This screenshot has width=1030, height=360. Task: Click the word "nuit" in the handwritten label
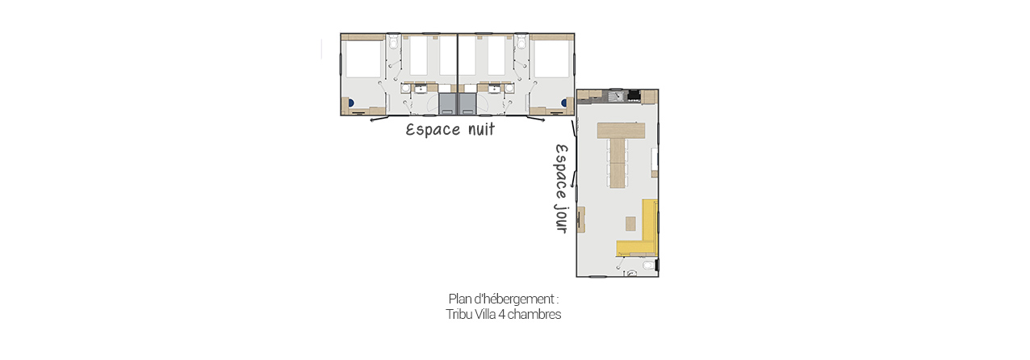pos(481,129)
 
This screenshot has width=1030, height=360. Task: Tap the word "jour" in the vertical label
pos(561,216)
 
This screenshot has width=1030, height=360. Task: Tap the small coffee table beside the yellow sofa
pos(630,224)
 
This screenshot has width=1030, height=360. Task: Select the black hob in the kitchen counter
pos(634,95)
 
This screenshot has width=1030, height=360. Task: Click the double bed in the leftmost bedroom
pos(363,58)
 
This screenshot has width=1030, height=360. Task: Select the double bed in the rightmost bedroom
pos(552,58)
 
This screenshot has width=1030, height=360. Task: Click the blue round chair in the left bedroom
pos(351,103)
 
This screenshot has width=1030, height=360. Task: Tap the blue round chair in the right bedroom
pos(564,103)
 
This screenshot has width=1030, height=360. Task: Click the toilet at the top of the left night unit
pos(394,42)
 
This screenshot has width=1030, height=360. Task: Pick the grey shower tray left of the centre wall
pos(447,103)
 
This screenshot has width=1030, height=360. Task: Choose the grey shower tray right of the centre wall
pos(468,103)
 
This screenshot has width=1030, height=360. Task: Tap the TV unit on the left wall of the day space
pos(580,220)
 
